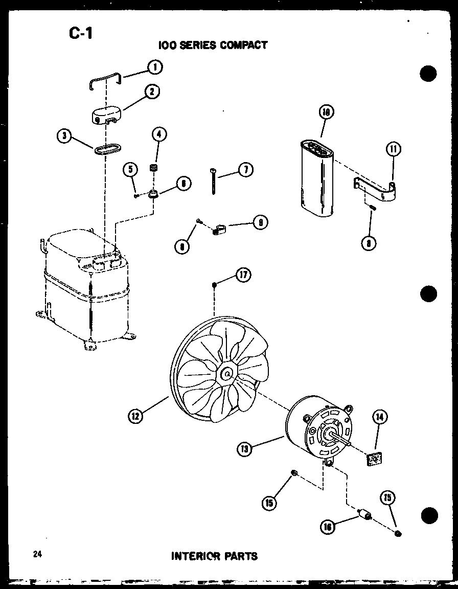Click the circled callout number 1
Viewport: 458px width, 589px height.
point(153,67)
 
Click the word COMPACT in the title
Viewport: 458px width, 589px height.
point(243,45)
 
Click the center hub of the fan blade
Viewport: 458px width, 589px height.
point(225,374)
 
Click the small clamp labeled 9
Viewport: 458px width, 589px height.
point(219,230)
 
